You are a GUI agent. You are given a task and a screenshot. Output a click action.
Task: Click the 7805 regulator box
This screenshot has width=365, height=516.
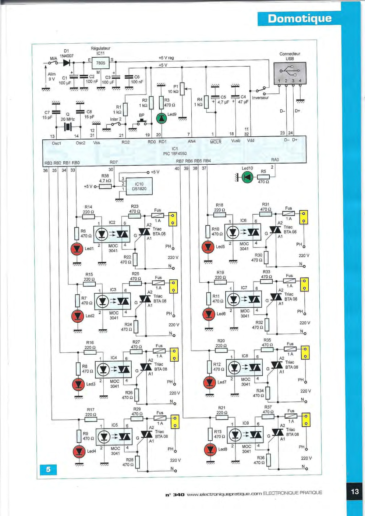click(101, 63)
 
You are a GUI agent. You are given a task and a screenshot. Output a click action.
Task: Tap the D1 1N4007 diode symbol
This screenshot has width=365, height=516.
click(67, 62)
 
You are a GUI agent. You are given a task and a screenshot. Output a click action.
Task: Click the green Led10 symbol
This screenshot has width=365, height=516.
click(247, 177)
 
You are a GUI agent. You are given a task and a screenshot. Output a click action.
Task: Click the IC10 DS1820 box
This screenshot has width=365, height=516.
click(139, 186)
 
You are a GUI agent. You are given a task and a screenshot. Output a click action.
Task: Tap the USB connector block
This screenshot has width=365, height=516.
click(290, 73)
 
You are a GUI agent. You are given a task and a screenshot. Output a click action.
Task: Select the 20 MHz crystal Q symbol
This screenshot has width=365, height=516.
click(68, 127)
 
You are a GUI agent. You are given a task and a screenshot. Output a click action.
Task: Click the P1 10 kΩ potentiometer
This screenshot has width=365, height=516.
click(182, 89)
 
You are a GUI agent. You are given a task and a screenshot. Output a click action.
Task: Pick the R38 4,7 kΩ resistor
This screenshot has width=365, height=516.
click(105, 186)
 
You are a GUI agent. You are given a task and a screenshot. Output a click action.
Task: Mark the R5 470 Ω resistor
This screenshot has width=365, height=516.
click(263, 177)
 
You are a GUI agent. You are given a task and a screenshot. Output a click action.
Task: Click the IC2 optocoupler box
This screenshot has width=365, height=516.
click(111, 234)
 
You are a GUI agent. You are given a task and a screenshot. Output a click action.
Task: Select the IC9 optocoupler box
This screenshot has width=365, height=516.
click(245, 435)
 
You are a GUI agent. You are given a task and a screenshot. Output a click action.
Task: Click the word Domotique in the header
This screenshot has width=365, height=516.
click(300, 19)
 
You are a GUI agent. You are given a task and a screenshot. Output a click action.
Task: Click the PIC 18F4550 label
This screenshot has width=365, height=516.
click(175, 154)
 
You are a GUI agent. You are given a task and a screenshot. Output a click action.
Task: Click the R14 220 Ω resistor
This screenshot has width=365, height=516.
click(89, 217)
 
